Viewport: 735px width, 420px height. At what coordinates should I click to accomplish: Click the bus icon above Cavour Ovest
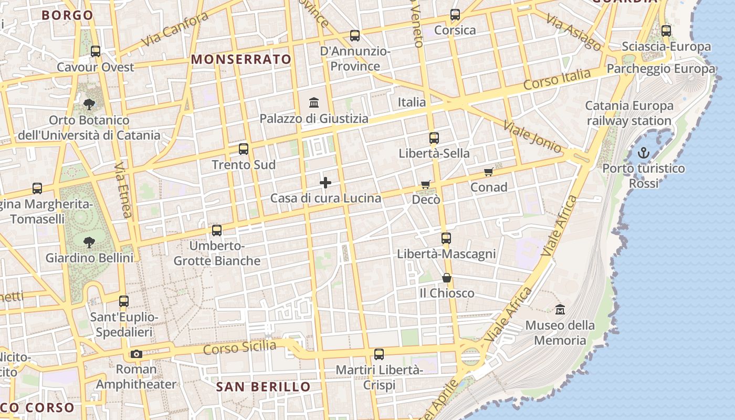point(96,51)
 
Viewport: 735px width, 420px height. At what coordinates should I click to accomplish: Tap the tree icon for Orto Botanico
point(89,104)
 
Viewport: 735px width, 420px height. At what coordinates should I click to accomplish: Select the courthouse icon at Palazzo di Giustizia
point(314,102)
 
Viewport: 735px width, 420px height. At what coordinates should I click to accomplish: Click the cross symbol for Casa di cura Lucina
point(325,183)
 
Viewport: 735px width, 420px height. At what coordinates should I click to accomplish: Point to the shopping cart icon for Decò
point(426,185)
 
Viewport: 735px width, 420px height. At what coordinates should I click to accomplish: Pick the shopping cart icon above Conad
point(489,172)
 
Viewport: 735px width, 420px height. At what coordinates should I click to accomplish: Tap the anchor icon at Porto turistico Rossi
point(643,153)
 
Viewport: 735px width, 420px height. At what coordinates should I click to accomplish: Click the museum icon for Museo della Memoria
point(560,309)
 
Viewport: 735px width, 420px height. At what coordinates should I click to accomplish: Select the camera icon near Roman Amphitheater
point(136,354)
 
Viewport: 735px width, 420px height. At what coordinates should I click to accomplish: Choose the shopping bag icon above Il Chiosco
point(447,278)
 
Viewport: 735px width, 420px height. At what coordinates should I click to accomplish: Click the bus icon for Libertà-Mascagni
point(446,238)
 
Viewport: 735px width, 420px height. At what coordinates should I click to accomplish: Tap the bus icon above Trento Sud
point(244,149)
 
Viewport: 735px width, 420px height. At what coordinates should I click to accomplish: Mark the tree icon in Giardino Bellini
point(89,242)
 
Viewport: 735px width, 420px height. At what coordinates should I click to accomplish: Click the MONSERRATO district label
point(241,59)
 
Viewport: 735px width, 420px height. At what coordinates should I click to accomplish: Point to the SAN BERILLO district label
point(264,387)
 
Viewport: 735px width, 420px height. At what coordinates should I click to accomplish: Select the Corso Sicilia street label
point(239,348)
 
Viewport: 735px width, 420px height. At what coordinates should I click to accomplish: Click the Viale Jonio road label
point(532,136)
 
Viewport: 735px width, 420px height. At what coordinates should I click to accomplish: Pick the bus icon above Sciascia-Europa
point(666,31)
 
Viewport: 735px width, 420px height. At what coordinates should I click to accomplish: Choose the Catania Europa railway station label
point(629,113)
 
